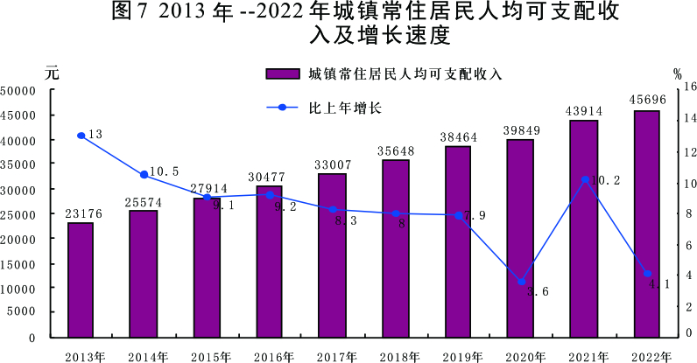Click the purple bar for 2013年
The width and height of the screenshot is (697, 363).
click(81, 280)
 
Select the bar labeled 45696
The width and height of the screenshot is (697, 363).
click(647, 224)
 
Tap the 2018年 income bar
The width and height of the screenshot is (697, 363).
click(395, 248)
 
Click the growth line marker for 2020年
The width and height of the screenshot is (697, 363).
click(522, 282)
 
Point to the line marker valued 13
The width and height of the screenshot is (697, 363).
click(81, 136)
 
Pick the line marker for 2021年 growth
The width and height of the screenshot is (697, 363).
click(585, 179)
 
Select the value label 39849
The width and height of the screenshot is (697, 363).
click(521, 130)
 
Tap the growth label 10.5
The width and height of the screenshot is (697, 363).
click(164, 171)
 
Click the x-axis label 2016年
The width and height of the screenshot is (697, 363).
click(270, 356)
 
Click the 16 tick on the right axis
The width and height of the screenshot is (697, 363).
click(689, 87)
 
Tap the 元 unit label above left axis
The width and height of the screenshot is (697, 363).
click(52, 72)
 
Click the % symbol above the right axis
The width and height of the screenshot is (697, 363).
click(677, 73)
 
